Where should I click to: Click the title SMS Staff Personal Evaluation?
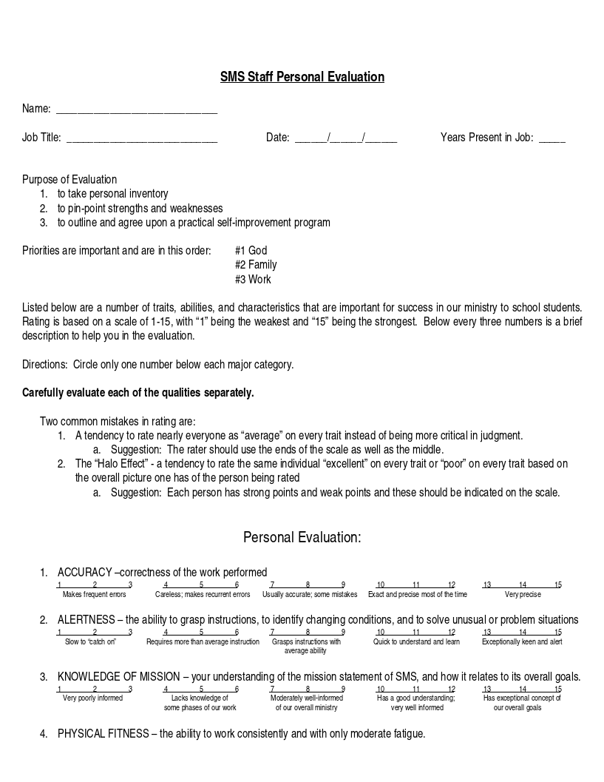tap(302, 77)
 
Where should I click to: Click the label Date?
tap(277, 138)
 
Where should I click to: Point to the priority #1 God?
tap(251, 251)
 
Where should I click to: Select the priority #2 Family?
tap(256, 265)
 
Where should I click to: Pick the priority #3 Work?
tap(253, 280)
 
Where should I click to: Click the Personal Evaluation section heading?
tap(302, 537)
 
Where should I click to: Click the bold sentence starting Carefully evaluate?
tap(138, 393)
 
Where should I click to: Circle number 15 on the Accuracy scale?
tap(558, 585)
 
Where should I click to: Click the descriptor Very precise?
tap(523, 595)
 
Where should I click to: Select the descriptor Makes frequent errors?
tap(95, 595)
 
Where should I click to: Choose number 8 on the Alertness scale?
tap(308, 633)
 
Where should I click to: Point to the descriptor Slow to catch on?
tap(90, 642)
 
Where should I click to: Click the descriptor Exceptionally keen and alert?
tap(522, 642)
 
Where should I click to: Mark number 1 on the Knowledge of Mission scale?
tap(59, 689)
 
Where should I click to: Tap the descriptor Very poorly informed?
tap(93, 698)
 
